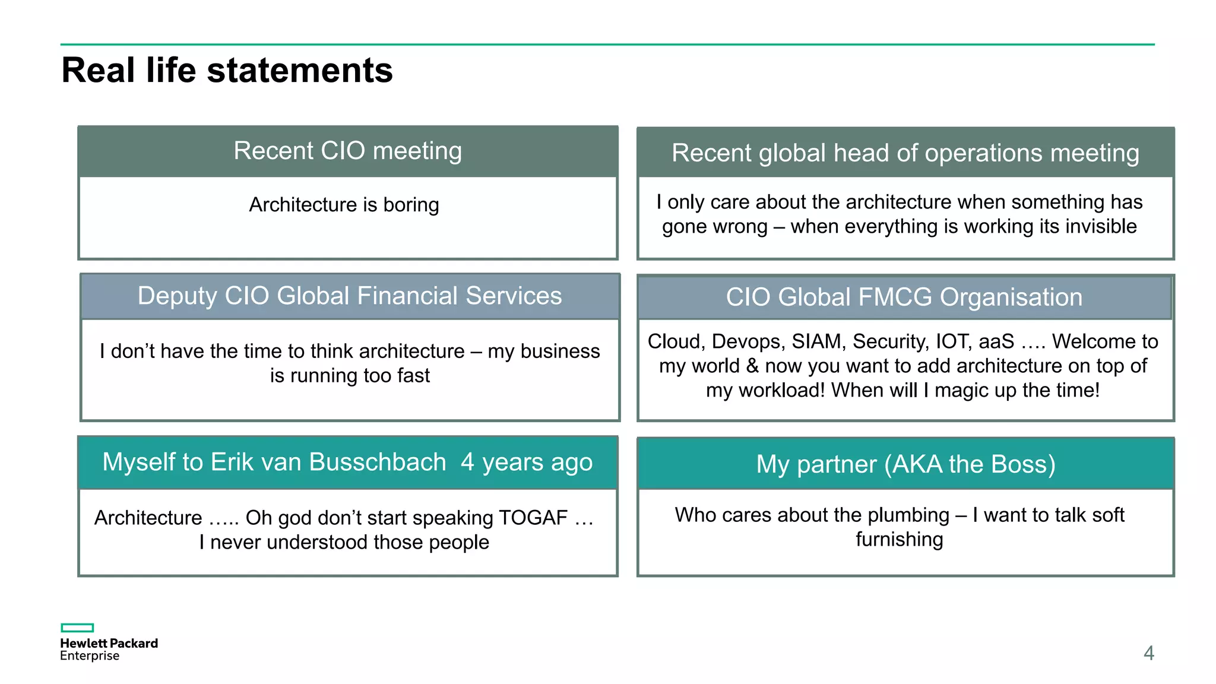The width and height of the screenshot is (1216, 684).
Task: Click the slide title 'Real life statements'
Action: pyautogui.click(x=227, y=70)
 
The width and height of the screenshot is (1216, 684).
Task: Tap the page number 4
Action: pyautogui.click(x=1148, y=653)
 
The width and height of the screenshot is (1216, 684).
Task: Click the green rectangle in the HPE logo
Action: pyautogui.click(x=77, y=628)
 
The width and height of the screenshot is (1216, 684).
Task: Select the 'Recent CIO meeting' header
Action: pyautogui.click(x=347, y=151)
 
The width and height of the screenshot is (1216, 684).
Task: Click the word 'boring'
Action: pyautogui.click(x=411, y=205)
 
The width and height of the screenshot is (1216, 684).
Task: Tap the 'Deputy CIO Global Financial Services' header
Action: pyautogui.click(x=349, y=296)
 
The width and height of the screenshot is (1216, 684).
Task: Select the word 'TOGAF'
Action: pyautogui.click(x=533, y=518)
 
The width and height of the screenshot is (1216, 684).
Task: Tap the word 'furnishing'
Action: pyautogui.click(x=899, y=540)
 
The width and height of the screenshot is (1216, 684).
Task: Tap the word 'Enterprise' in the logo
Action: pyautogui.click(x=90, y=656)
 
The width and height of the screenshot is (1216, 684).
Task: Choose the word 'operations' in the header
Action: pyautogui.click(x=981, y=153)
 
